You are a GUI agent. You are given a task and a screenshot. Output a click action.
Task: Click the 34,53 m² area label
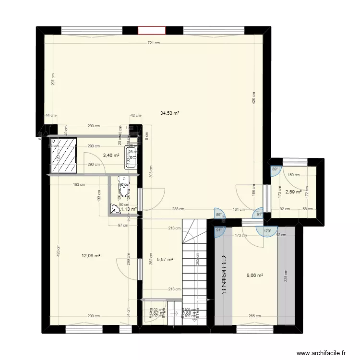[170, 113]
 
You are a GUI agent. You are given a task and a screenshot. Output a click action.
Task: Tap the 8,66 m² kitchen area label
[254, 276]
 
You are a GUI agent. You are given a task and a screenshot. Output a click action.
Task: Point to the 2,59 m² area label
[293, 192]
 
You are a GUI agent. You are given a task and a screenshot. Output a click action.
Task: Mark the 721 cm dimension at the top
[154, 43]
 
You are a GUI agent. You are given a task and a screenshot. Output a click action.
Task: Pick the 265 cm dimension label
[254, 316]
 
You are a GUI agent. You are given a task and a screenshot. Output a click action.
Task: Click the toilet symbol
[124, 189]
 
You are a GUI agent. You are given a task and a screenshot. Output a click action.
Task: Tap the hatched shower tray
[64, 156]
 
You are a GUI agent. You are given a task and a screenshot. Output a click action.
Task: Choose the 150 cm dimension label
[293, 175]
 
